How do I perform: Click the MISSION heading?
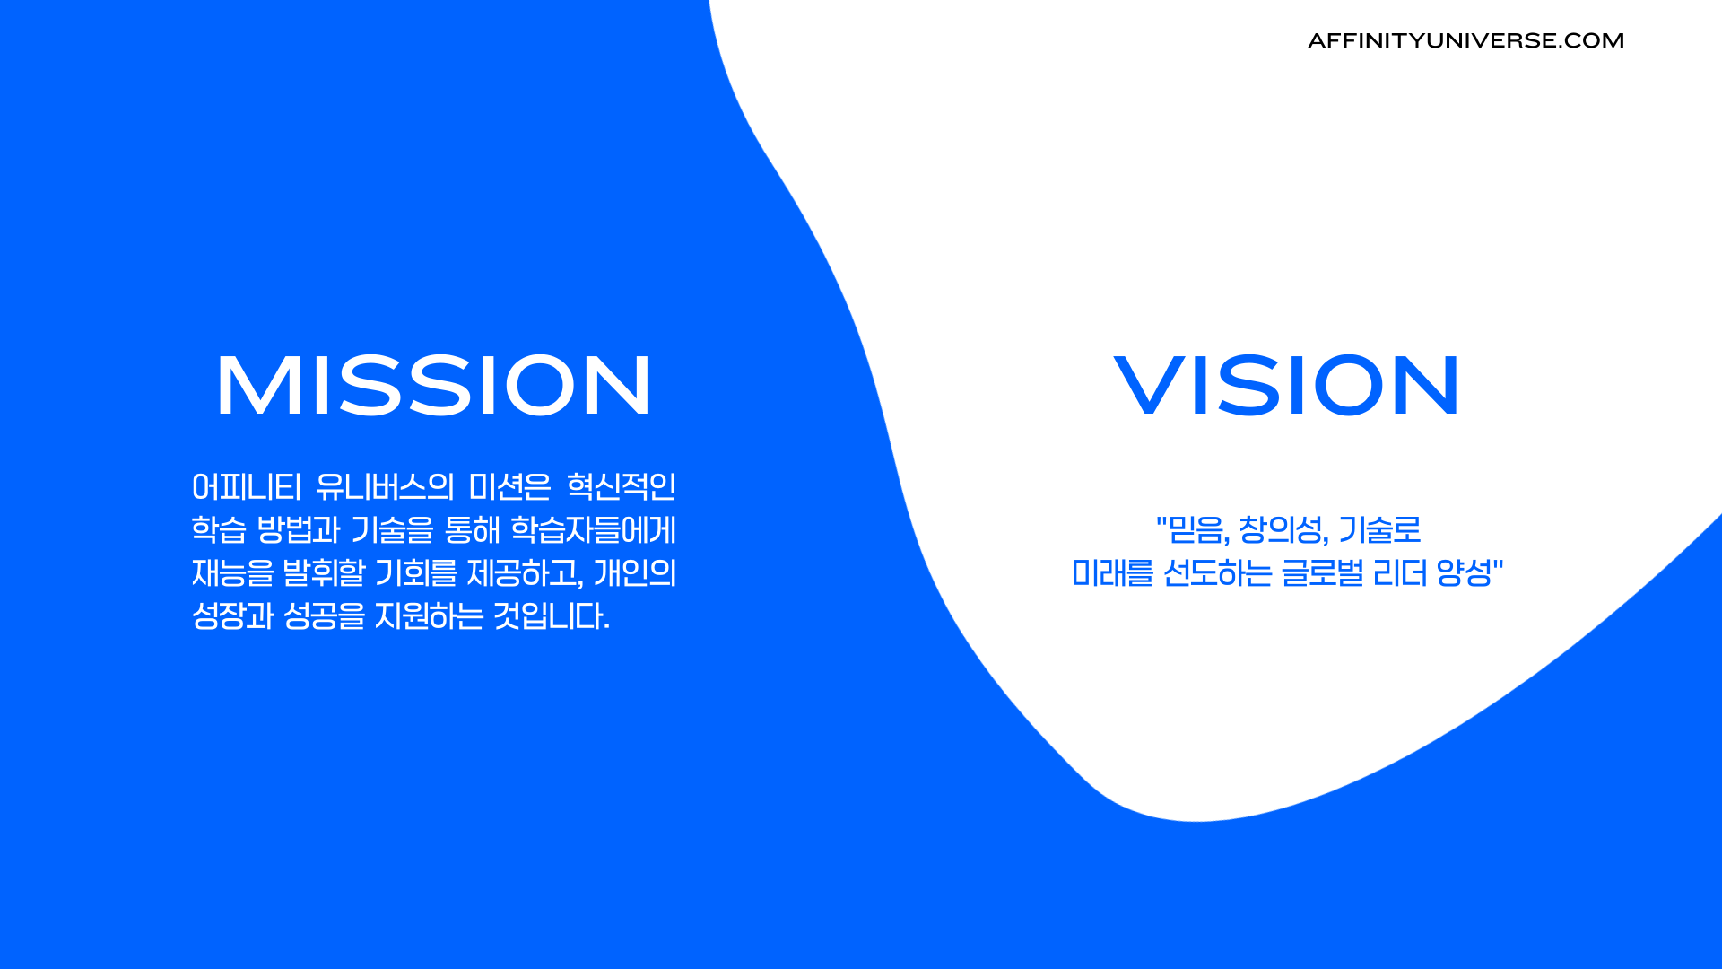tap(433, 385)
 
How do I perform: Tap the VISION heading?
tap(1287, 385)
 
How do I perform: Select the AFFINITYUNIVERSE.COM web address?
tap(1465, 40)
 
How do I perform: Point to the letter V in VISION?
tap(1150, 385)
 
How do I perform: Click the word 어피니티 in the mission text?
tap(247, 487)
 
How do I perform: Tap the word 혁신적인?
tap(622, 487)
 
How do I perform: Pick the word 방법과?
tap(299, 530)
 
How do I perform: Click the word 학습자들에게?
tap(594, 530)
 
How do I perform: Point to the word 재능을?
tap(233, 573)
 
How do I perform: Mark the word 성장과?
tap(233, 616)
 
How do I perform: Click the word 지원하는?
tap(429, 616)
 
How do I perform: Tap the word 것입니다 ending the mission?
tap(552, 616)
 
